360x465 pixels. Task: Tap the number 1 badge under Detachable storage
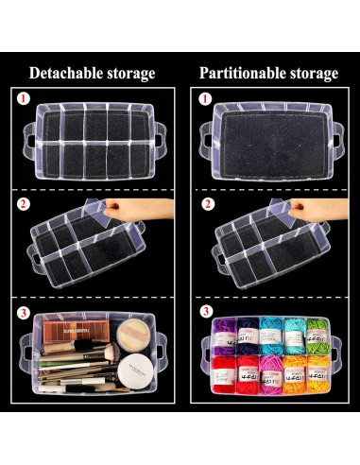23,97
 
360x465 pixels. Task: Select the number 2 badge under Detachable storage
23,203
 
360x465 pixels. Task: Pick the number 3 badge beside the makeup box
23,310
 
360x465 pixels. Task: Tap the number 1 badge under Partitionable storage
205,97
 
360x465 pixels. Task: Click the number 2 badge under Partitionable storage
205,203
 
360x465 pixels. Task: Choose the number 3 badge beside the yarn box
205,310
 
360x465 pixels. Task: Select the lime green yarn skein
319,334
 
